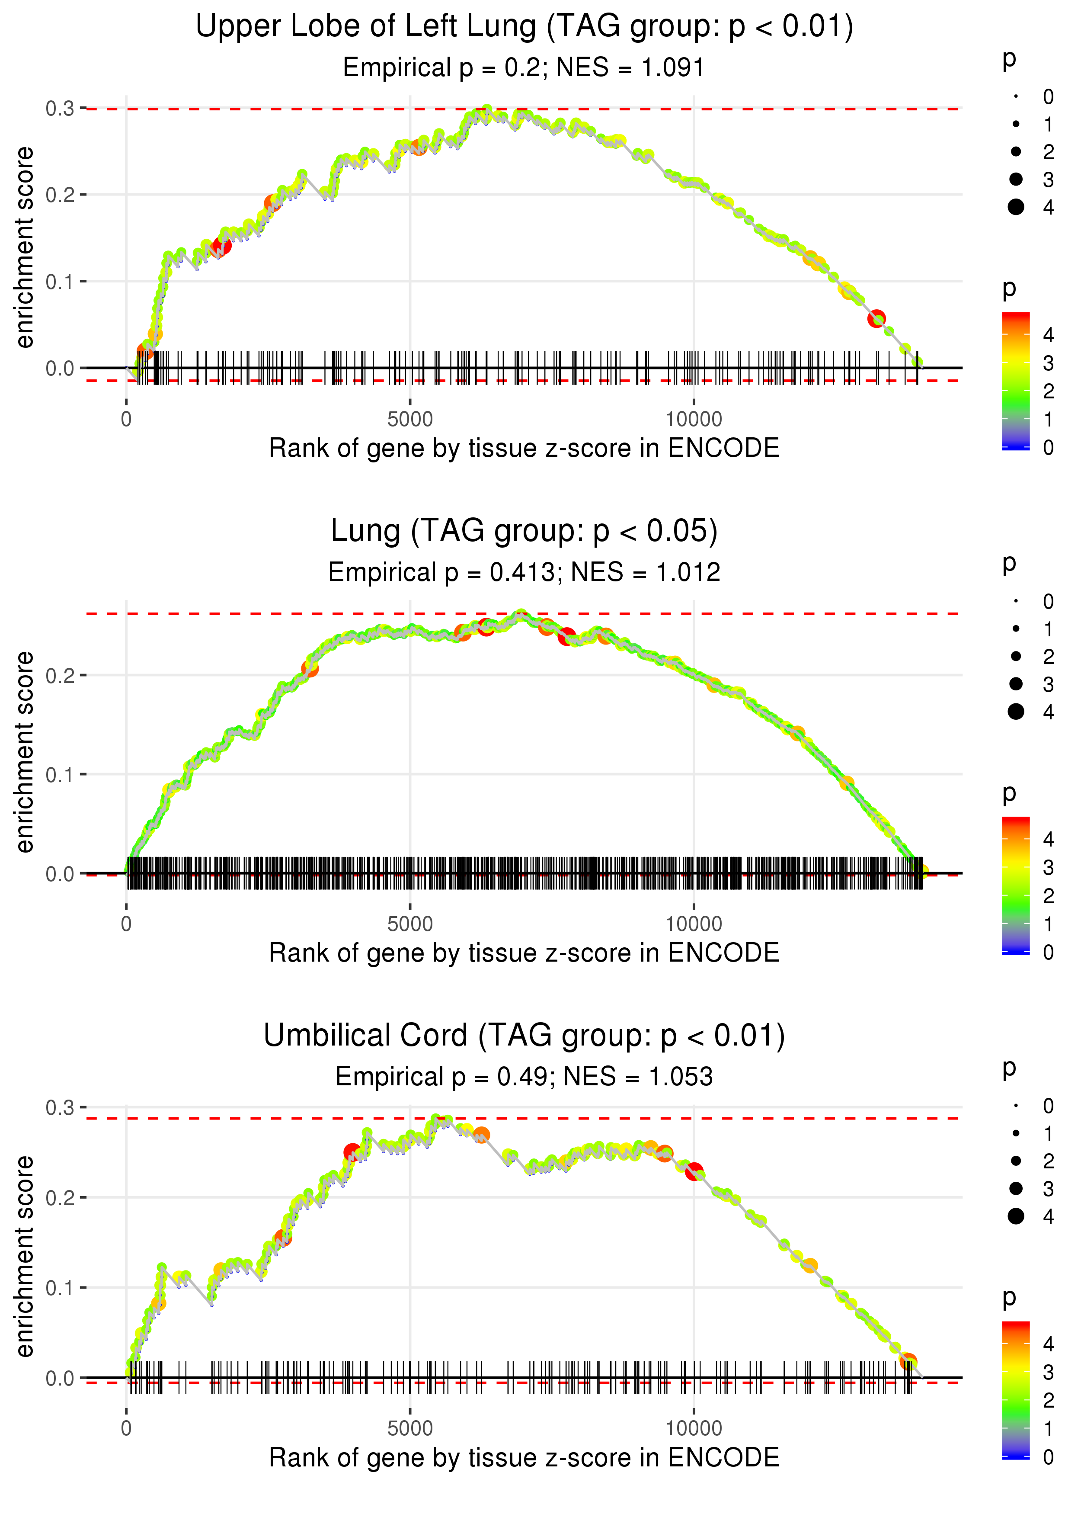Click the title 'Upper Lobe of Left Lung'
[x=366, y=27]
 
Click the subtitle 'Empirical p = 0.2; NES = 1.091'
[x=523, y=68]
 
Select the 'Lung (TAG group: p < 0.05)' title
[x=524, y=531]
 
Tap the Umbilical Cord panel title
[x=524, y=1036]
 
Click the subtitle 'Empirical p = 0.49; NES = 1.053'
[x=524, y=1077]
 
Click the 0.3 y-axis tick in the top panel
[x=60, y=109]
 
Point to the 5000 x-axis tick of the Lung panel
[x=410, y=924]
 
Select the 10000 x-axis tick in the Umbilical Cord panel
[x=694, y=1429]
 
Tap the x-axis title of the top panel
[x=524, y=448]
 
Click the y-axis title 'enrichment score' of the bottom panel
[x=25, y=1256]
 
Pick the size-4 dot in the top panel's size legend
[x=1016, y=207]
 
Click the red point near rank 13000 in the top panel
[x=876, y=318]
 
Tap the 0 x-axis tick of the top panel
[x=126, y=420]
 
